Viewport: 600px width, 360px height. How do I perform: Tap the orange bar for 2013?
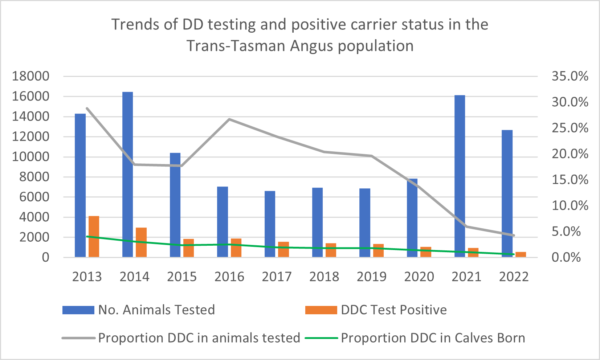tap(94, 236)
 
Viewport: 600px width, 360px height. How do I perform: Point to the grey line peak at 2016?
tap(230, 119)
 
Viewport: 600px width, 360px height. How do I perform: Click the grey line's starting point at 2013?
tap(87, 108)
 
